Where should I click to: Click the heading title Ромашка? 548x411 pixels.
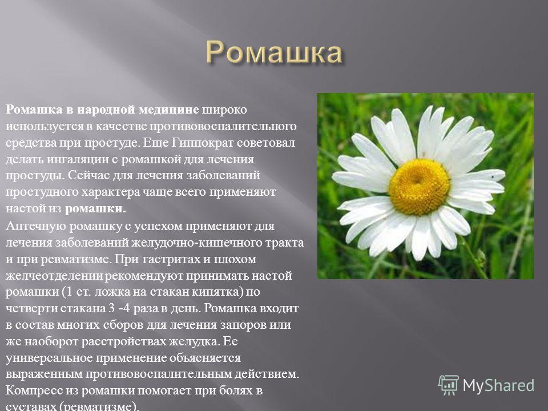pyautogui.click(x=274, y=53)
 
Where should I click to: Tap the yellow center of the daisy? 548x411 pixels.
pyautogui.click(x=419, y=187)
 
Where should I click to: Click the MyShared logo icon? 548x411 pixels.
pyautogui.click(x=449, y=385)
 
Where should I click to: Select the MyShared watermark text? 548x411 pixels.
pyautogui.click(x=498, y=385)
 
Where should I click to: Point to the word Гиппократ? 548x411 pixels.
pyautogui.click(x=203, y=143)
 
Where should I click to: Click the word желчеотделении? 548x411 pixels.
pyautogui.click(x=54, y=276)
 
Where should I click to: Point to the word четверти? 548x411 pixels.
pyautogui.click(x=31, y=308)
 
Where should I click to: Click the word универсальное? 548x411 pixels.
pyautogui.click(x=49, y=358)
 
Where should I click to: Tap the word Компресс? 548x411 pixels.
pyautogui.click(x=34, y=390)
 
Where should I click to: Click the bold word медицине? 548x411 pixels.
pyautogui.click(x=169, y=110)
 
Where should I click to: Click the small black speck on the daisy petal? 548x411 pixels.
pyautogui.click(x=493, y=177)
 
